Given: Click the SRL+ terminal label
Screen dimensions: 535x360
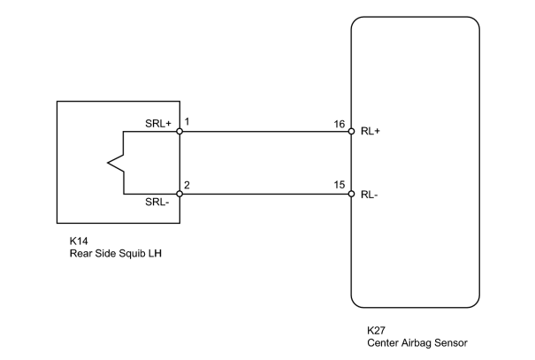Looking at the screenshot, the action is click(158, 123).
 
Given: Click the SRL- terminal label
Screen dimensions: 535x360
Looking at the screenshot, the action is click(157, 202).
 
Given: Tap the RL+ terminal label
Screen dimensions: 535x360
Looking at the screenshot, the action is click(371, 131).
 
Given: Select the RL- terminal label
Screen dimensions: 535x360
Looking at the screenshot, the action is click(369, 195).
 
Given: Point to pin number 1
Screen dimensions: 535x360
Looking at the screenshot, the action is click(187, 121).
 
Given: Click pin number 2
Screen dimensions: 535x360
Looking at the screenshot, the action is click(187, 185).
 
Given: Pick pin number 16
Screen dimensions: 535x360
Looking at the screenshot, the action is click(340, 124).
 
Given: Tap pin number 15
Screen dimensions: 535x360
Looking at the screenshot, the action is click(340, 185).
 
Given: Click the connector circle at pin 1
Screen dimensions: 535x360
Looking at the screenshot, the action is click(180, 132).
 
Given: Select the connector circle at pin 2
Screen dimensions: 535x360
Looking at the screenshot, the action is click(180, 195).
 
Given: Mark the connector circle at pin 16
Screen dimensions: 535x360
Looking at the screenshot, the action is click(351, 132).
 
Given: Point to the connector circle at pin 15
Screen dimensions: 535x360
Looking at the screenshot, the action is click(351, 195).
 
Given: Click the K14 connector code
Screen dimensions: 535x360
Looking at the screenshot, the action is click(79, 241).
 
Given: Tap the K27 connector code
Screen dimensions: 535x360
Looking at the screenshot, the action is click(377, 330).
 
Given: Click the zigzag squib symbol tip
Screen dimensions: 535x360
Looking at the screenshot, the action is click(108, 163).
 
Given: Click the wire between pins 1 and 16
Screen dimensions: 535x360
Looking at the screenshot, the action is click(265, 132).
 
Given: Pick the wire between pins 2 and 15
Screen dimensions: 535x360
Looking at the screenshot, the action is click(265, 195).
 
